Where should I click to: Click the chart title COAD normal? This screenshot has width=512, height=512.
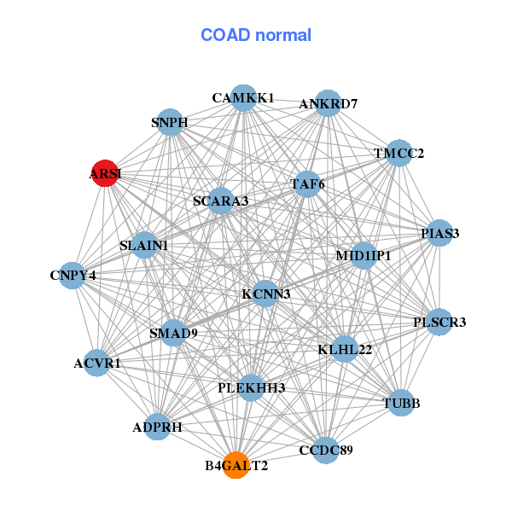tap(256, 35)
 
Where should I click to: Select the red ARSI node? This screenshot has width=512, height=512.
tap(105, 173)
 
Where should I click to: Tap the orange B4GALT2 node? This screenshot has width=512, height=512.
tap(236, 465)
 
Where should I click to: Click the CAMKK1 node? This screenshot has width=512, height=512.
tap(244, 98)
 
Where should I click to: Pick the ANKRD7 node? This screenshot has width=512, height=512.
tap(329, 103)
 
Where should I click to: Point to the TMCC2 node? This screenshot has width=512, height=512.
tap(399, 154)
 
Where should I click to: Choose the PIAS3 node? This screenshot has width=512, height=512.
tap(439, 233)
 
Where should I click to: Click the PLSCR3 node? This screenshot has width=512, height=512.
tap(439, 322)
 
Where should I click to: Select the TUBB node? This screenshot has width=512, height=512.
tap(402, 402)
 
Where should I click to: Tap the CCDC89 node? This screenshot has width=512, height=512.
tap(326, 449)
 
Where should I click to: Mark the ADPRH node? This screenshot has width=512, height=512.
tap(158, 427)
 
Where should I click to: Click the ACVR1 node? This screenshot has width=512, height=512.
tap(97, 363)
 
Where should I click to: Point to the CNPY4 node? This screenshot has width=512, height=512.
tap(73, 275)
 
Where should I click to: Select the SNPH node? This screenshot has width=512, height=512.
tap(170, 122)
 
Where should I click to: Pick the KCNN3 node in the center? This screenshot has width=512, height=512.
tap(265, 294)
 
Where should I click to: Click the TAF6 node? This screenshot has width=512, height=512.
tap(307, 183)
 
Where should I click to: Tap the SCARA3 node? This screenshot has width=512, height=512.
tap(220, 201)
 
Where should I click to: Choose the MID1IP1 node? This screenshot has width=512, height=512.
tap(364, 255)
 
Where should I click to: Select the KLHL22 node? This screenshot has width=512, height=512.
tap(345, 349)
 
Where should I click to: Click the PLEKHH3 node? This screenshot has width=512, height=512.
tap(251, 387)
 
